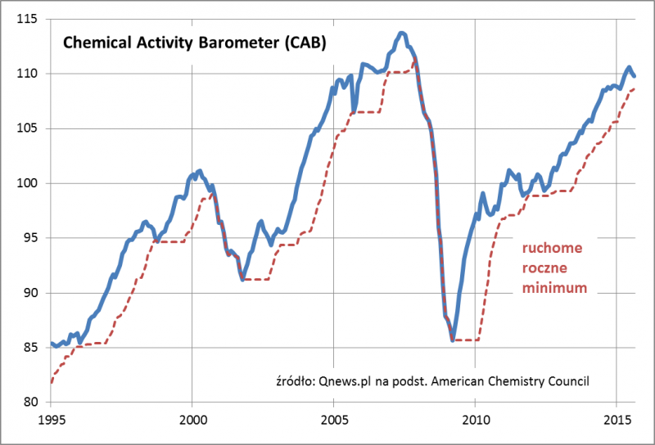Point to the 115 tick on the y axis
click(x=32, y=19)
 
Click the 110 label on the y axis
click(x=32, y=74)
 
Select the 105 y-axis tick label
click(x=32, y=128)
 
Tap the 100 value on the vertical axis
click(x=32, y=183)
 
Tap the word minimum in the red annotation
click(x=554, y=287)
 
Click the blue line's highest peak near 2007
click(x=401, y=33)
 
